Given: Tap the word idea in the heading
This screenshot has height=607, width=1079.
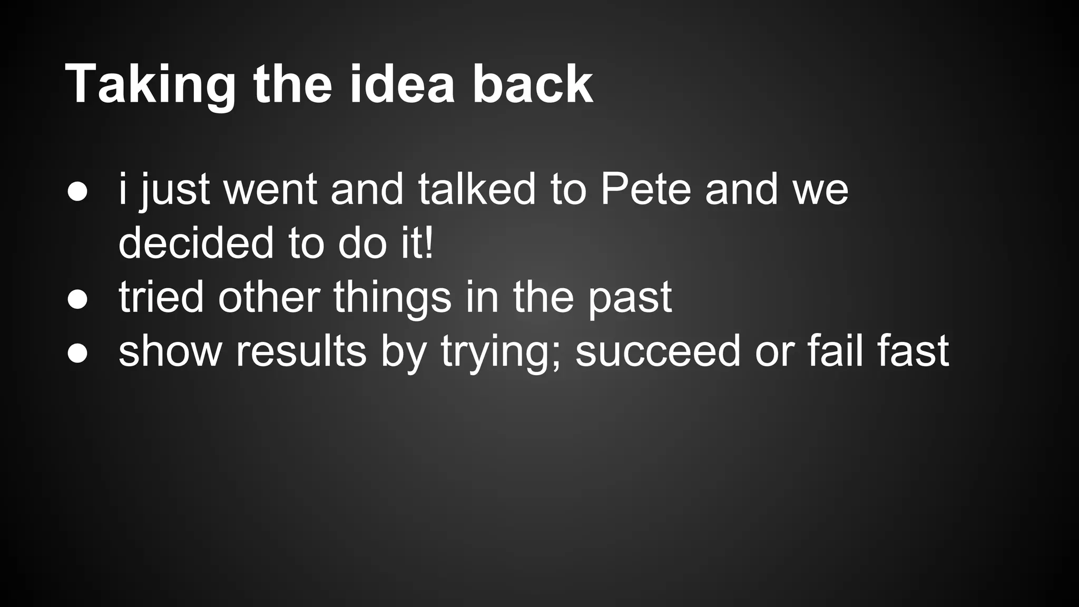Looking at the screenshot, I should pos(402,84).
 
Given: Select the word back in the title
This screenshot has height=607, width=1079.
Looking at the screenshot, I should pos(533,84).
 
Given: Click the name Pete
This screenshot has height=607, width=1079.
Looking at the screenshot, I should pos(645,189).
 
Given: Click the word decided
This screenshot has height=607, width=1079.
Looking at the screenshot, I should pos(196,243).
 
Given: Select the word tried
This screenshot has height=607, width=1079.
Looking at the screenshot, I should pos(161,297).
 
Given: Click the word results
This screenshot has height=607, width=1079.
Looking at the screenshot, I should pos(301,351).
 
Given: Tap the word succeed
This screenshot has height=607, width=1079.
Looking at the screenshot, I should pos(658,351).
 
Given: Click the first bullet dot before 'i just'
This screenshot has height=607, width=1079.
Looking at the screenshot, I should pos(77,192).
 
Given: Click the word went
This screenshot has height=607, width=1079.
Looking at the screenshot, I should pos(270,190).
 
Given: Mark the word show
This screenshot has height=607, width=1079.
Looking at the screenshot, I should pos(170,351).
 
